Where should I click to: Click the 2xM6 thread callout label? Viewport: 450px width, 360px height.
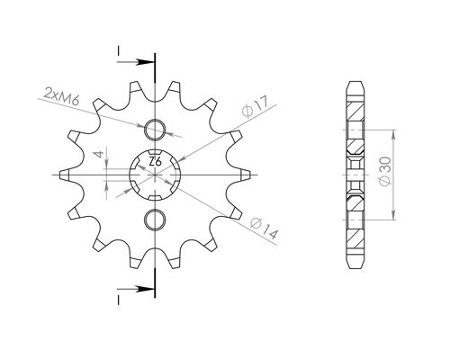click(x=58, y=93)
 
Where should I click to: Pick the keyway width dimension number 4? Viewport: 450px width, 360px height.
click(x=100, y=157)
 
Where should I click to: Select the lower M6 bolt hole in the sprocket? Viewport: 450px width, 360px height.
click(x=155, y=219)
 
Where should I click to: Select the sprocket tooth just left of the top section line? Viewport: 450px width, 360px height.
click(x=135, y=89)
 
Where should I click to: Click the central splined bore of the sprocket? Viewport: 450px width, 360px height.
click(x=155, y=173)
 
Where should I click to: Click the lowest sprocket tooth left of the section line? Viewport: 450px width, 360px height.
click(x=135, y=256)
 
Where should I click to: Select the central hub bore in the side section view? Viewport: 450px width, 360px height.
click(x=355, y=173)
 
